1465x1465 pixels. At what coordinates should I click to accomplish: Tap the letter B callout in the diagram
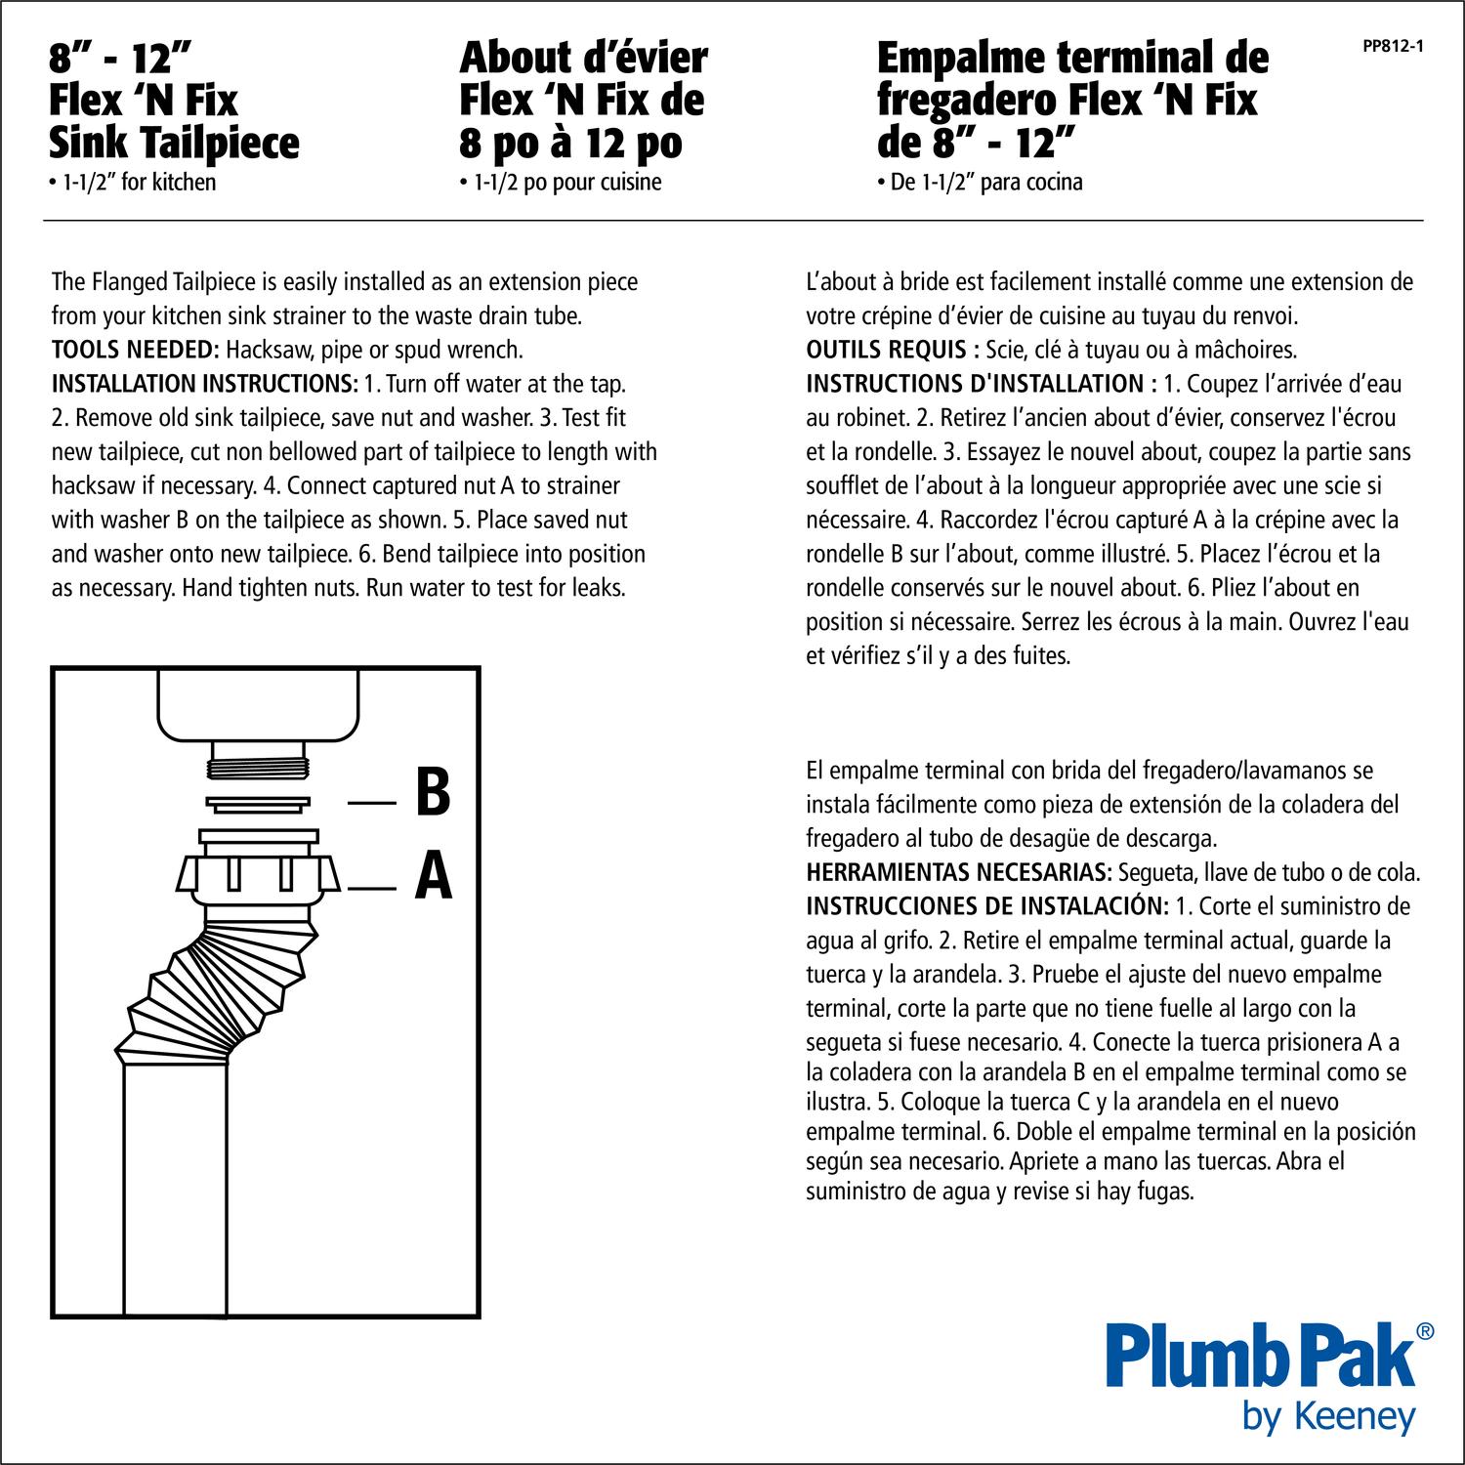(x=432, y=794)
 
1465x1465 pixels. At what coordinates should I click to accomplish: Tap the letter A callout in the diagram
(x=433, y=876)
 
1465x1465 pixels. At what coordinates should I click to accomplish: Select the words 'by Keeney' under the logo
(x=1328, y=1415)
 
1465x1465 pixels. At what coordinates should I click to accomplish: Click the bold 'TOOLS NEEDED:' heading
(x=136, y=350)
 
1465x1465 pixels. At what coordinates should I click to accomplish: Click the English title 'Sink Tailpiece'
(x=174, y=144)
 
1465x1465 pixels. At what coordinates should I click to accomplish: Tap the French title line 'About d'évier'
(x=583, y=59)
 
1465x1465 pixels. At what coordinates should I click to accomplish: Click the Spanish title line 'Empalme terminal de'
(x=1071, y=59)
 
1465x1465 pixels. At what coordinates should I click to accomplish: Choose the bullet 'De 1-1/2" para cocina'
(x=980, y=183)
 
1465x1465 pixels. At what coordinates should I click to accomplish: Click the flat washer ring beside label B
(x=258, y=804)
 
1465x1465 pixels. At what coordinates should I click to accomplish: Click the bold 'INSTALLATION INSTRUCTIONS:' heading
(x=204, y=384)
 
